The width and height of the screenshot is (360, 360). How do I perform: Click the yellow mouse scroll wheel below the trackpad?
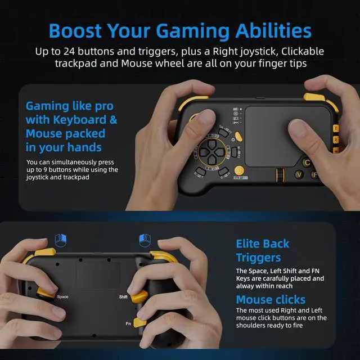(x=278, y=175)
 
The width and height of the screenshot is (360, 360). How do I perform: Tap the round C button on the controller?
(x=307, y=163)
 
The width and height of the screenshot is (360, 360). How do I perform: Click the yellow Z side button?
(x=335, y=129)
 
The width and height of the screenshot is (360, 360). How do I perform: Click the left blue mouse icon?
(x=60, y=240)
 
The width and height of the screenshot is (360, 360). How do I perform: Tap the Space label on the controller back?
(x=62, y=296)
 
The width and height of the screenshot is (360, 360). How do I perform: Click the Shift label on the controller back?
(x=124, y=296)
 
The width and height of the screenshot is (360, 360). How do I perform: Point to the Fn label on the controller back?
(x=129, y=323)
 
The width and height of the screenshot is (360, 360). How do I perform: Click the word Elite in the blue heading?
(x=249, y=244)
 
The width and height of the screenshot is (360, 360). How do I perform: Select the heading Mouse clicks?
(x=271, y=299)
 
